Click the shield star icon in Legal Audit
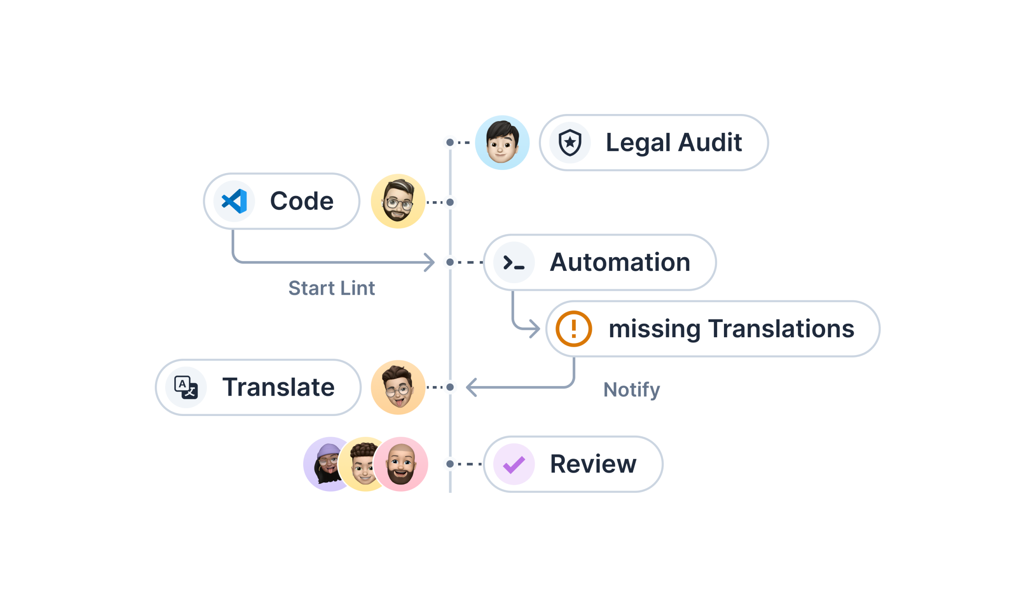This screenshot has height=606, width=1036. coord(570,143)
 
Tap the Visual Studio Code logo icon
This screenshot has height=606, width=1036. coord(234,201)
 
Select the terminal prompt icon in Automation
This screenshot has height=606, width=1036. coord(514,262)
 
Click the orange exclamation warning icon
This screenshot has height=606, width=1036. coord(574,329)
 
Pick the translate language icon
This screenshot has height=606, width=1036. coord(186,387)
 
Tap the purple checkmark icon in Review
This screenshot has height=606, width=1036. coord(514,464)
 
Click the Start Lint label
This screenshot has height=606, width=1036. coord(331,288)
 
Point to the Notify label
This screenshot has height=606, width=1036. coord(632,389)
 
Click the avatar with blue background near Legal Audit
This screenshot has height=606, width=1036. coord(502,143)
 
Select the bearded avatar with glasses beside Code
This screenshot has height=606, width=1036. coord(398,201)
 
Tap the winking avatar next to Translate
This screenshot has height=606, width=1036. coord(398,387)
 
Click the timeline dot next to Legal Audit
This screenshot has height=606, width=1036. coord(450,143)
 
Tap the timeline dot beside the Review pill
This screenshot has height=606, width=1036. coord(450,464)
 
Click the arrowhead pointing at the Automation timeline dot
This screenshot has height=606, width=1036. coord(431,262)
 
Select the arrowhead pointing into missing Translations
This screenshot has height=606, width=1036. coord(536,329)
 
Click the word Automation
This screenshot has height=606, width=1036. coord(620,262)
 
